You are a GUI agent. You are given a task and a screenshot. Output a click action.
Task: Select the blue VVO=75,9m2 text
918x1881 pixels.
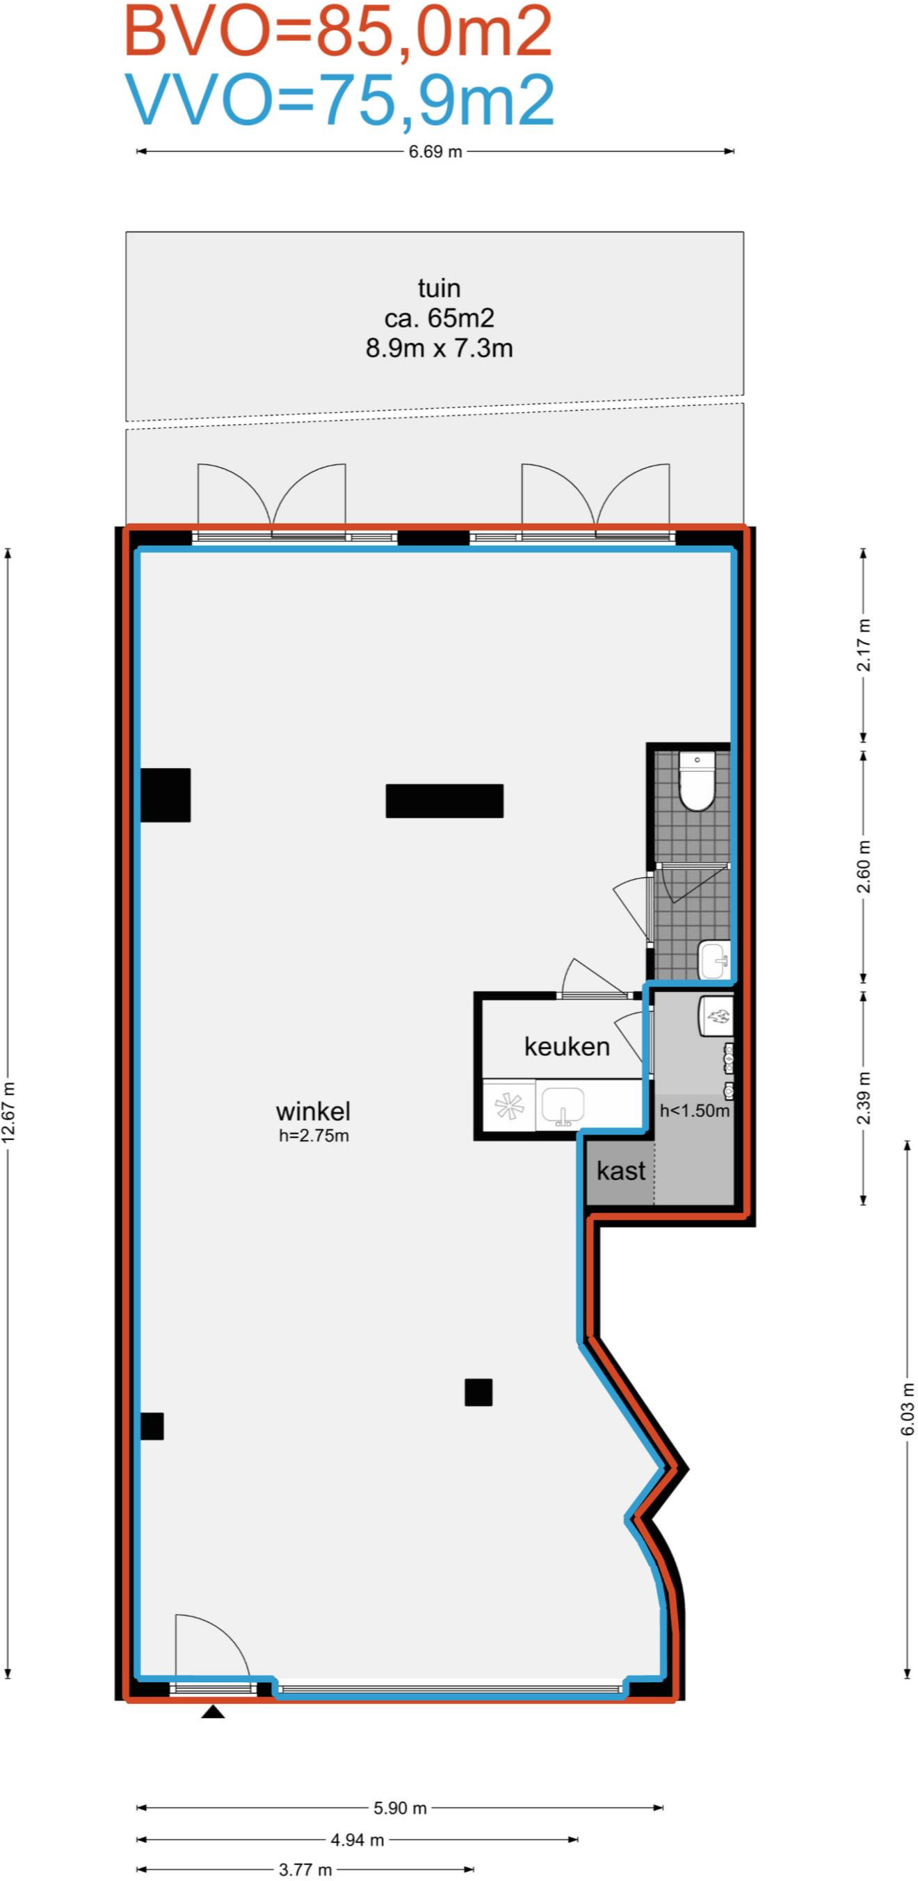pyautogui.click(x=339, y=99)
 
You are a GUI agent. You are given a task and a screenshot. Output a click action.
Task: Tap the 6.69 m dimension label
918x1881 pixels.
pyautogui.click(x=435, y=152)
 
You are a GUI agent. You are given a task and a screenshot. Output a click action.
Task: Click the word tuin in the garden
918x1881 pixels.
pyautogui.click(x=439, y=288)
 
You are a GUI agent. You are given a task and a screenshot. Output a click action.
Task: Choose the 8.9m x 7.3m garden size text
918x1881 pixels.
pyautogui.click(x=439, y=348)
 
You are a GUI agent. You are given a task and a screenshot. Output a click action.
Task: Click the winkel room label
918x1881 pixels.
pyautogui.click(x=314, y=1111)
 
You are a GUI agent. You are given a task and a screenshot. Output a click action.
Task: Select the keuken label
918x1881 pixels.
pyautogui.click(x=567, y=1045)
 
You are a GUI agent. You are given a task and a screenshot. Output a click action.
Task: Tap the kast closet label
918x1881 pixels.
pyautogui.click(x=621, y=1171)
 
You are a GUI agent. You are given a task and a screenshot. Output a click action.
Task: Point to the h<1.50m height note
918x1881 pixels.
pyautogui.click(x=695, y=1111)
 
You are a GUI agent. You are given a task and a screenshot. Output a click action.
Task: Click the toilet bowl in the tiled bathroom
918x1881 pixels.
pyautogui.click(x=697, y=781)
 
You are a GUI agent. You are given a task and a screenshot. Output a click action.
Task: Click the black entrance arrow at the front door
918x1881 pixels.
pyautogui.click(x=213, y=1711)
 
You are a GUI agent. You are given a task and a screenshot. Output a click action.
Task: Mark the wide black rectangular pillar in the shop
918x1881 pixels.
pyautogui.click(x=444, y=800)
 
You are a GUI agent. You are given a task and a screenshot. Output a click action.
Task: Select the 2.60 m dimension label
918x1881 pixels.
pyautogui.click(x=864, y=866)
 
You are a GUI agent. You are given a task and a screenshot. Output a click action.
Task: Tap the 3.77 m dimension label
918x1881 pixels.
pyautogui.click(x=305, y=1869)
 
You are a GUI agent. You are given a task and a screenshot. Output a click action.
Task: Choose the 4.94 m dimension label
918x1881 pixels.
pyautogui.click(x=357, y=1839)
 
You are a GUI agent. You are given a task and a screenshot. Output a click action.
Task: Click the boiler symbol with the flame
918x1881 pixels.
pyautogui.click(x=716, y=1016)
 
